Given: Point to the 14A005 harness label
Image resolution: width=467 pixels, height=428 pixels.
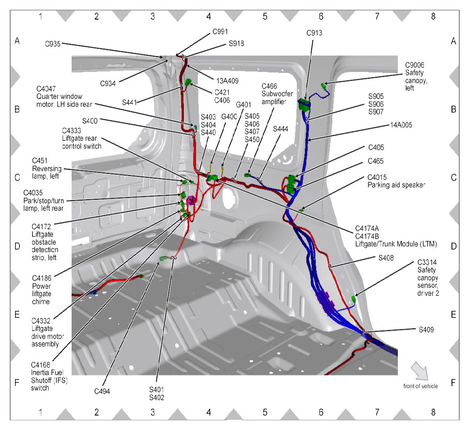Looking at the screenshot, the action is click(400, 125).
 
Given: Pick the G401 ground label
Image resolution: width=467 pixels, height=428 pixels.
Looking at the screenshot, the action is click(243, 104).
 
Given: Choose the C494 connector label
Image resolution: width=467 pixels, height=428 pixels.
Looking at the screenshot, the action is click(102, 391).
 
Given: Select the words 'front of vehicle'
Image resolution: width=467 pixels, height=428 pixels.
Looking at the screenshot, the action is click(421, 386).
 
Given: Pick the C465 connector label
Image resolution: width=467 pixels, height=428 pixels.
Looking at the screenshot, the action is click(375, 162).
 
